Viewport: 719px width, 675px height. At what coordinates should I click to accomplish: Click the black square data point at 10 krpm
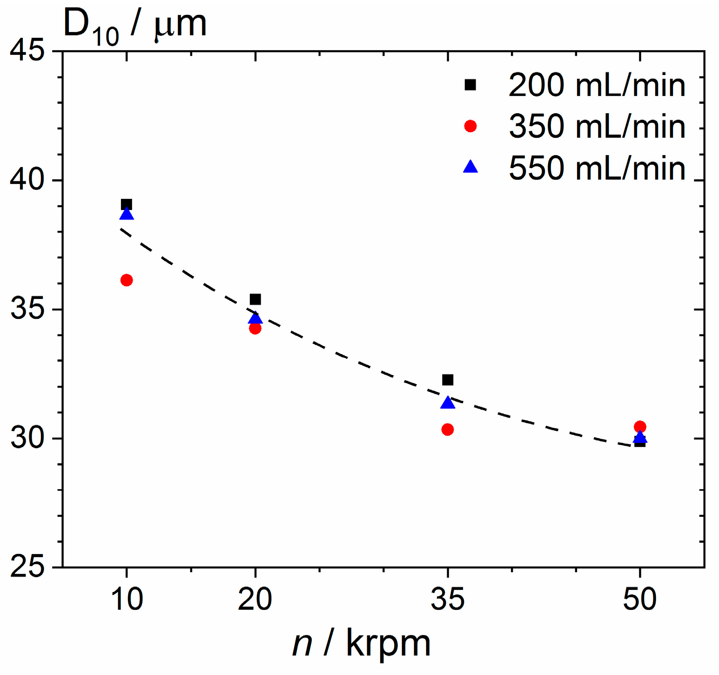pos(126,204)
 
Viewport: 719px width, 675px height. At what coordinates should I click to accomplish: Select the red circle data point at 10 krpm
pos(126,280)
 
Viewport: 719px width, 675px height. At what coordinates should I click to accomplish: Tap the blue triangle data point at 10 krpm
pos(126,214)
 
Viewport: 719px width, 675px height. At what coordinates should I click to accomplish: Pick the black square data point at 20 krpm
pos(255,299)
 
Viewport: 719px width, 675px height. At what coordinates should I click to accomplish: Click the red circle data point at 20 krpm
pos(255,329)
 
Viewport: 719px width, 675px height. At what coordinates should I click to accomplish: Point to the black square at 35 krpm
pos(447,380)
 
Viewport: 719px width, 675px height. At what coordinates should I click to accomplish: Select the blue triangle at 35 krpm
pos(447,403)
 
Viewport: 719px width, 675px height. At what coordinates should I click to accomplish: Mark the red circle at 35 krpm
pos(447,429)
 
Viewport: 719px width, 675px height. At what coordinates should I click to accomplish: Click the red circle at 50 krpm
pos(640,426)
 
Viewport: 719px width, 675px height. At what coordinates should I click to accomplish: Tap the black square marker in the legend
pos(470,85)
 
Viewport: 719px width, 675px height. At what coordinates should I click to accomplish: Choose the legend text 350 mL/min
pos(597,126)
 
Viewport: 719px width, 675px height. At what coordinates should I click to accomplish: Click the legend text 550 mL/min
pos(597,168)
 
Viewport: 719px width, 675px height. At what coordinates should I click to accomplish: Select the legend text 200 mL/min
pos(597,85)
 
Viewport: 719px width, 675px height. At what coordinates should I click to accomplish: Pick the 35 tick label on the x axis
pos(447,599)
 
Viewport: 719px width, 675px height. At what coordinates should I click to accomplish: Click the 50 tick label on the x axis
pos(640,599)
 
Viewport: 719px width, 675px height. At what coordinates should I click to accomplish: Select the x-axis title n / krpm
pos(362,645)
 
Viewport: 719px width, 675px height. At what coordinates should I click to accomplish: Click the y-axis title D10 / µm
pos(135,26)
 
